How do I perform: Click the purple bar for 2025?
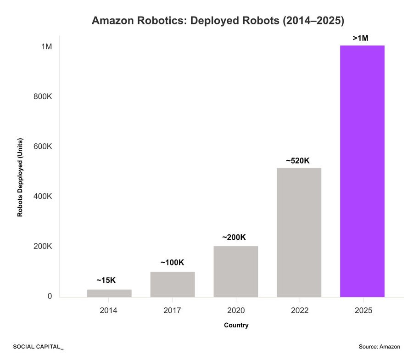coord(362,171)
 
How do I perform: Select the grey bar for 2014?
coord(109,293)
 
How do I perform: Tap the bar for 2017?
coord(173,284)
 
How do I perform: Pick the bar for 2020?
coord(235,271)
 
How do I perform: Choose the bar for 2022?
coord(299,232)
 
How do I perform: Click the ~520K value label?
coord(298,161)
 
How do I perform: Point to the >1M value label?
coord(360,39)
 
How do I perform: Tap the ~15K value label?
coord(106,280)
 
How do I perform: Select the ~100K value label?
coord(172,263)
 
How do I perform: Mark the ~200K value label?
coord(234,237)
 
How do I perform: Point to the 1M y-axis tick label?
coord(46,47)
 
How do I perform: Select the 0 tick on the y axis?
coord(50,297)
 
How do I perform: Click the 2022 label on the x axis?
coord(299,310)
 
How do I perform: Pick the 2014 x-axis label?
coord(109,310)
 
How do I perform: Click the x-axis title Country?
coord(236,325)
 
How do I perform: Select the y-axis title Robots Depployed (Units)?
coord(20,177)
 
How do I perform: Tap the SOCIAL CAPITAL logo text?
coord(38,347)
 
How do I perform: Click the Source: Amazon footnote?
coord(380,347)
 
